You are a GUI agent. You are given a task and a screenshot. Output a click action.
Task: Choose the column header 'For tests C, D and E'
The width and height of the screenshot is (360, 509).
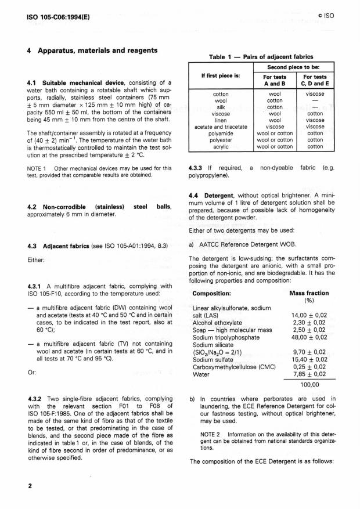315,80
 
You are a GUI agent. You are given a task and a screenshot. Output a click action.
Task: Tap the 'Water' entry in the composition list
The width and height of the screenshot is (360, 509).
200,374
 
